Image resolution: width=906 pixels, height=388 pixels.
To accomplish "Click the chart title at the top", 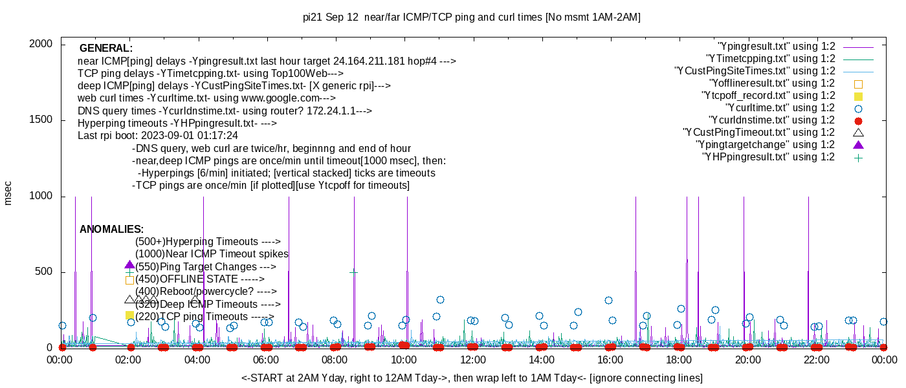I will coord(471,17).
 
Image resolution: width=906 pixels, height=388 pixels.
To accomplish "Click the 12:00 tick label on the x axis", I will coord(472,360).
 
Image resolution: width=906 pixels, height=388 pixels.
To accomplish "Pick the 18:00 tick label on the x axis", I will coord(679,360).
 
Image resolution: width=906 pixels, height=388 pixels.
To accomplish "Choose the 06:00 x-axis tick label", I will coord(266,360).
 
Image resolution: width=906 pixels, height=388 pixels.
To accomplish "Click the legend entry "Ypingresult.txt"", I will coord(777,47).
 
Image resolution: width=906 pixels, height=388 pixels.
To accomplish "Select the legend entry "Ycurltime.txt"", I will coord(780,108).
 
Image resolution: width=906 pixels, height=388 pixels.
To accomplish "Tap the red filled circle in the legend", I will coord(859,121).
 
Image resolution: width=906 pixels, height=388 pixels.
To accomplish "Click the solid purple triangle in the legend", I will coord(859,144).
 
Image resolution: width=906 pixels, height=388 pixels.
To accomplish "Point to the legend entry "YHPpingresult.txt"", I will coord(768,157).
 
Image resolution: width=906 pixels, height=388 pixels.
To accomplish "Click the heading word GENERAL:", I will coord(106,48).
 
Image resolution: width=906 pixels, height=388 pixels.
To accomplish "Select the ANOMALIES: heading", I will coord(111,230).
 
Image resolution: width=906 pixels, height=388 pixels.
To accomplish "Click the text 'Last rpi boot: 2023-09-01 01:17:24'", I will coord(158,136).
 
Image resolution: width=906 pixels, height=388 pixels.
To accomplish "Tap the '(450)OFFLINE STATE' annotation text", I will coord(200,279).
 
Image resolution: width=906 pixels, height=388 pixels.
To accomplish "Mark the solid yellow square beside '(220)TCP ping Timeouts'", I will coord(129,315).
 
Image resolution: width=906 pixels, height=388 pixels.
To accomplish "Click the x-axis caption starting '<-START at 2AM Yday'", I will coord(472,378).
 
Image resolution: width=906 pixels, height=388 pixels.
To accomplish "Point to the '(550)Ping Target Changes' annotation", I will coord(206,266).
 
